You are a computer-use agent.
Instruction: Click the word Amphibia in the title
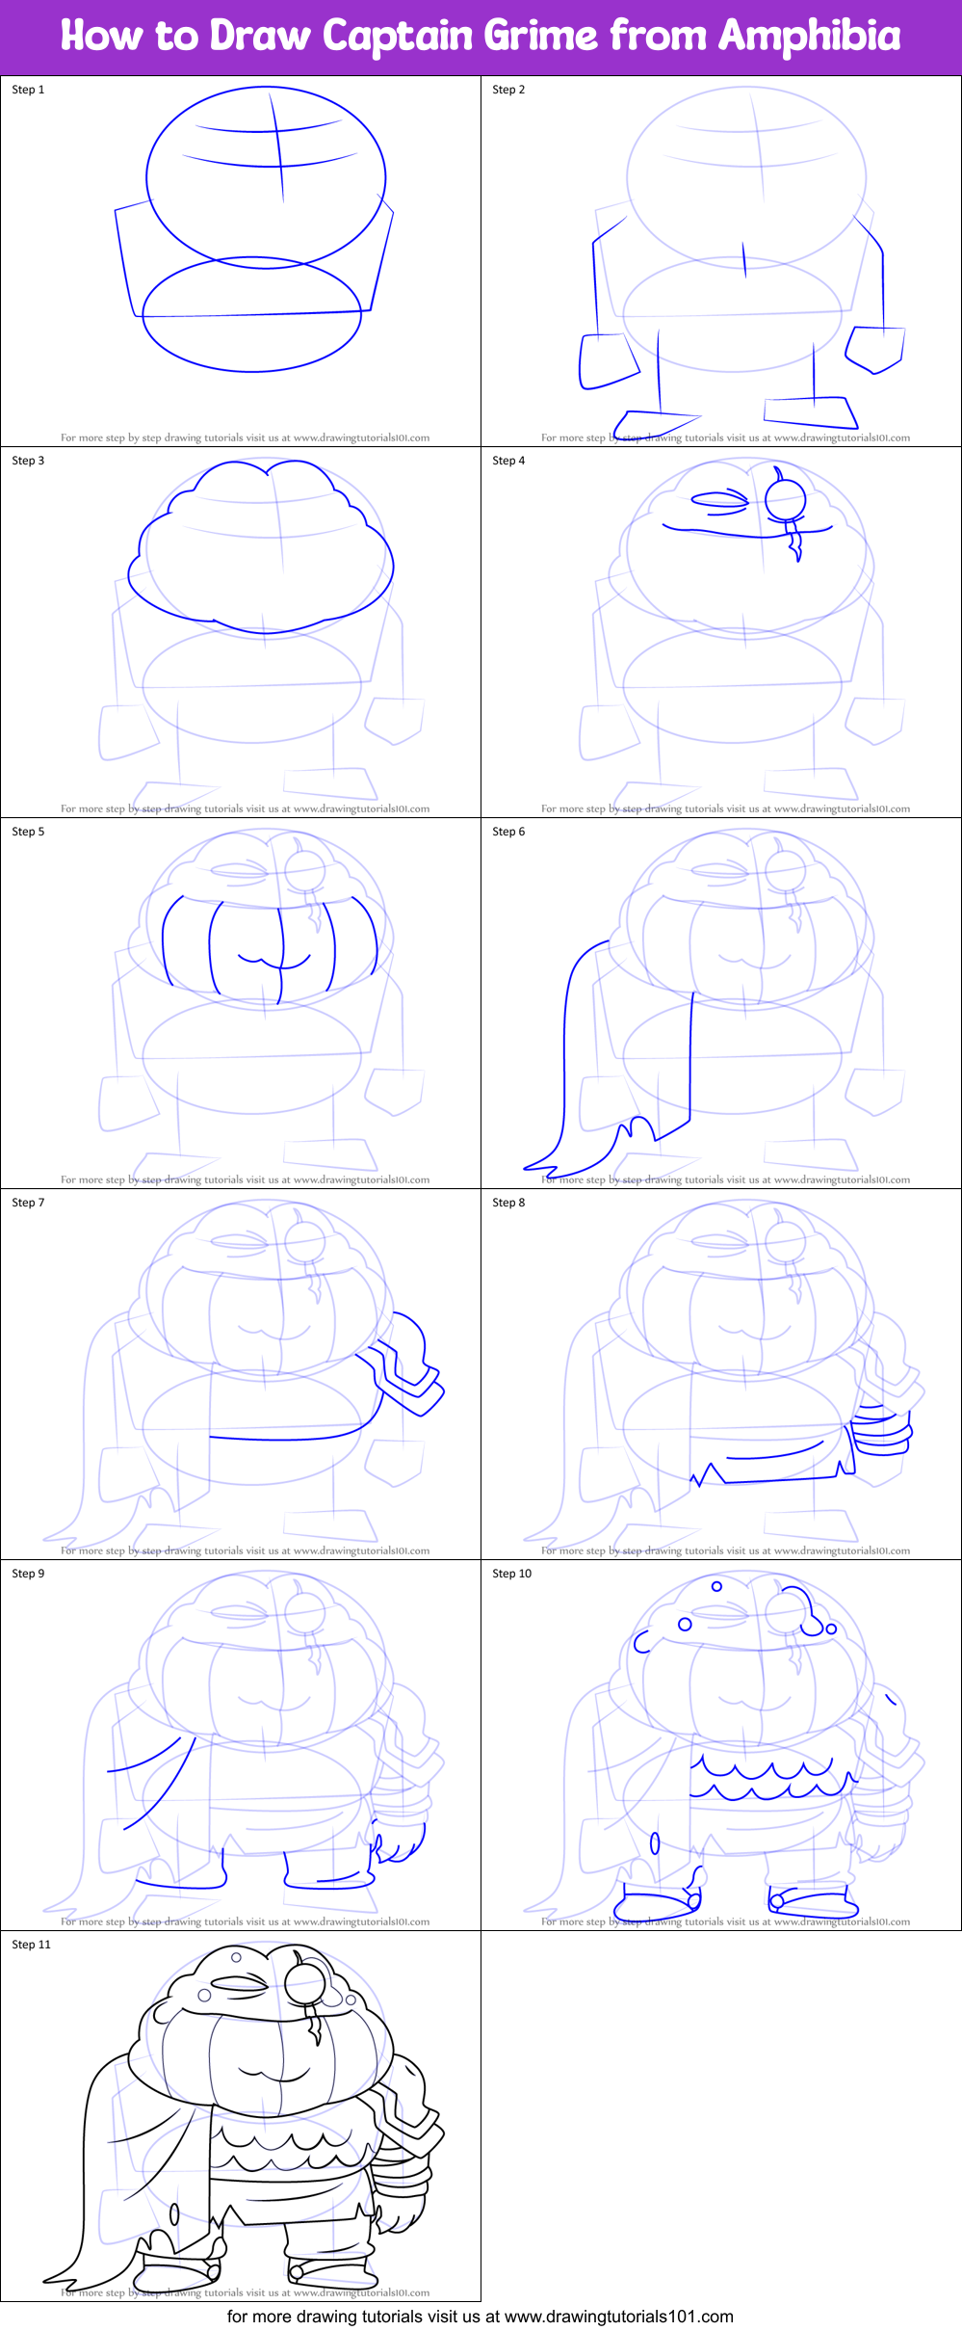tap(809, 37)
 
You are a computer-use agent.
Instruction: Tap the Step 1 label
tap(28, 90)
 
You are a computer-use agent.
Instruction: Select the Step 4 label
tap(508, 461)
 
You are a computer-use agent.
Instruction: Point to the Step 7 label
tap(28, 1203)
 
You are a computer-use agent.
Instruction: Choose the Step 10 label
tap(511, 1574)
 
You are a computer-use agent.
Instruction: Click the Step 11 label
tap(31, 1945)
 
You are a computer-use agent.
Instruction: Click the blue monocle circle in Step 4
tap(785, 499)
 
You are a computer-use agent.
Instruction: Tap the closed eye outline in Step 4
tap(720, 499)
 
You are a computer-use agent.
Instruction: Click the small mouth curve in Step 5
tap(273, 961)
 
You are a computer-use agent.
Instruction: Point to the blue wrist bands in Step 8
tap(881, 1431)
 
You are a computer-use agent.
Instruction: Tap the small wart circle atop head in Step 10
tap(716, 1586)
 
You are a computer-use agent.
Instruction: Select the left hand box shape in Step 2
tap(607, 361)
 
